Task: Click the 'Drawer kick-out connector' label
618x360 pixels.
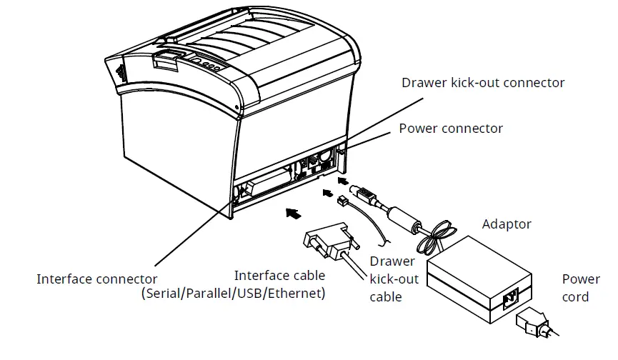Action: pyautogui.click(x=483, y=83)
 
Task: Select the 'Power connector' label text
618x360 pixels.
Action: pyautogui.click(x=451, y=129)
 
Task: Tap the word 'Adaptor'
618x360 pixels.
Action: pyautogui.click(x=507, y=224)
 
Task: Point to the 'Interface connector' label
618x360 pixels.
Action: pyautogui.click(x=97, y=279)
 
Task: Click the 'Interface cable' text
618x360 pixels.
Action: pyautogui.click(x=279, y=275)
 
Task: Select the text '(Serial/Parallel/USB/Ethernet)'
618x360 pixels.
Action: pyautogui.click(x=234, y=294)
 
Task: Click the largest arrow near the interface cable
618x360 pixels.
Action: pyautogui.click(x=292, y=211)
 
